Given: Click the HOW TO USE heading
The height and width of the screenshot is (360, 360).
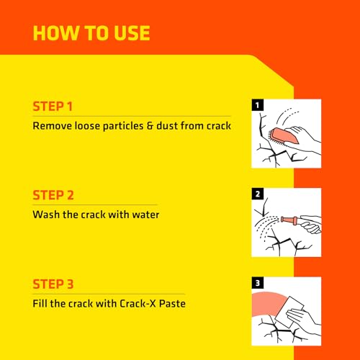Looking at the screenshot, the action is [91, 33].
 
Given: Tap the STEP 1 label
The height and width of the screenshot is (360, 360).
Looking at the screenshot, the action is [53, 107].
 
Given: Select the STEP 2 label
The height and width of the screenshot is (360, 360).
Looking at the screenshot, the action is [53, 195].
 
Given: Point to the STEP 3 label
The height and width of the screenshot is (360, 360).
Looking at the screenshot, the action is [53, 284].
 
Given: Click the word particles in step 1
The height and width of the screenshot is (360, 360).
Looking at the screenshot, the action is [123, 127].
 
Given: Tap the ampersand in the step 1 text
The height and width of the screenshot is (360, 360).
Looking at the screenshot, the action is [150, 126].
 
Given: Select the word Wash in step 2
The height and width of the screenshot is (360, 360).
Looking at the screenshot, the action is [46, 215].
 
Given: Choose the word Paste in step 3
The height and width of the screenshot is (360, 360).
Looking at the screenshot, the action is [172, 304].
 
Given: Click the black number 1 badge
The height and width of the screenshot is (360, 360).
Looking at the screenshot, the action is [258, 105].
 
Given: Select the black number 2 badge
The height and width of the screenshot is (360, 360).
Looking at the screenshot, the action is [258, 194].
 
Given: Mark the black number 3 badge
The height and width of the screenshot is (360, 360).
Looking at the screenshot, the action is [258, 283].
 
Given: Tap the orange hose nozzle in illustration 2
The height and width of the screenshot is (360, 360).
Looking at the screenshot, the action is [290, 220].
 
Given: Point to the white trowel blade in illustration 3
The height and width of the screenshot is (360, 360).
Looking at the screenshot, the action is [289, 312].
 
